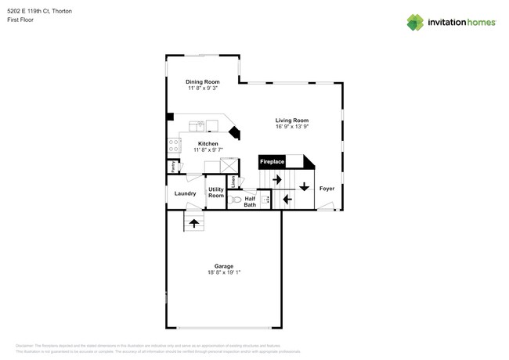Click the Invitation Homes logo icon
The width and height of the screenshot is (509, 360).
click(415, 23)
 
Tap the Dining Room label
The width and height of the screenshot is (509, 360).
click(202, 82)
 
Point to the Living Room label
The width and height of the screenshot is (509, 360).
click(292, 120)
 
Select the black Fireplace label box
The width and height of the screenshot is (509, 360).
click(272, 162)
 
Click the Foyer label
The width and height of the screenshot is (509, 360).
click(327, 189)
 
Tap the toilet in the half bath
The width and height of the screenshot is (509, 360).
click(236, 200)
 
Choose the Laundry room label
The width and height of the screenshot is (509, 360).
click(185, 193)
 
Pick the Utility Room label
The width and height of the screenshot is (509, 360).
click(215, 193)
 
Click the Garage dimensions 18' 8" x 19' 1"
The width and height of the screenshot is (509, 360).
click(224, 272)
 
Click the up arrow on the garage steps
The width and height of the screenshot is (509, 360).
click(193, 223)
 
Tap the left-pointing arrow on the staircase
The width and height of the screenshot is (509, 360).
click(287, 200)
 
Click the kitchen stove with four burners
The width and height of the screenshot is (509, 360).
click(175, 145)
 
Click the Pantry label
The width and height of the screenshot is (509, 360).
click(171, 167)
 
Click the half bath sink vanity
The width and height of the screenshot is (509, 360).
click(265, 200)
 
